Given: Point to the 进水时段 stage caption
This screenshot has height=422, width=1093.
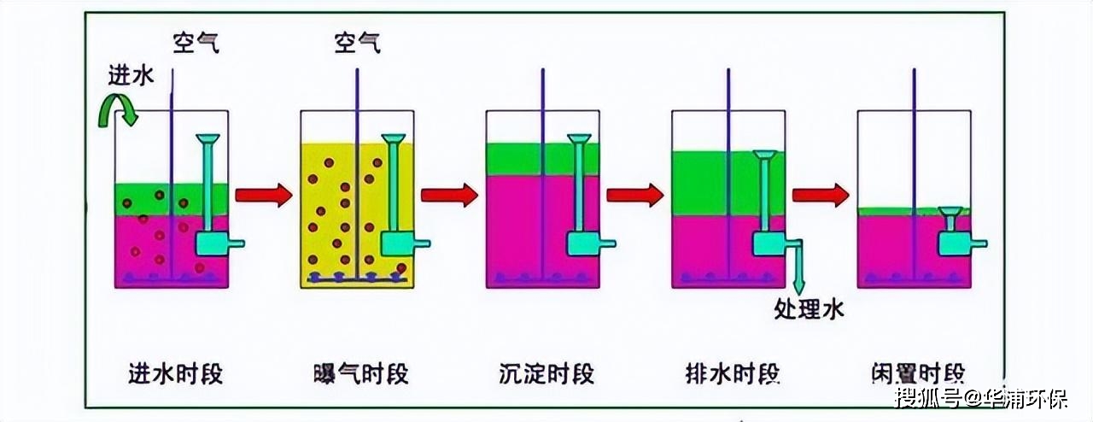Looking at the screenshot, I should click(175, 374).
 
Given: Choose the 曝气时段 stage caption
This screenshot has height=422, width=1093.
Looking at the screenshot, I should click(361, 374).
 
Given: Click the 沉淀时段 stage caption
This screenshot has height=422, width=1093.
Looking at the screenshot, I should click(546, 374).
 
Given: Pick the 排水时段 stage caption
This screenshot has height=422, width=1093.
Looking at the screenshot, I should click(733, 374).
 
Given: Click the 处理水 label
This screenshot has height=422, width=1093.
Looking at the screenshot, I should click(810, 309).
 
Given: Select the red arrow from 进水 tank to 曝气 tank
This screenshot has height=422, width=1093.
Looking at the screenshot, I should click(263, 196).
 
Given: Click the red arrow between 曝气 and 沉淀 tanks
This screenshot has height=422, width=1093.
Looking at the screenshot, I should click(448, 196).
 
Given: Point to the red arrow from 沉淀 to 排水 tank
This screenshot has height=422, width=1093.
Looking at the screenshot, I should click(634, 196).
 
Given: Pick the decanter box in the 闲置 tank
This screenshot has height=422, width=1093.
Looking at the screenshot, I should click(954, 243).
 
